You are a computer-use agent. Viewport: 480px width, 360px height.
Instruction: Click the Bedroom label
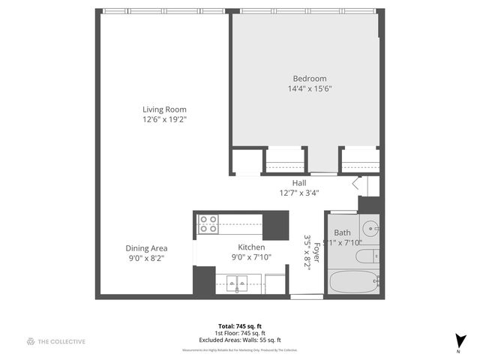point(310,79)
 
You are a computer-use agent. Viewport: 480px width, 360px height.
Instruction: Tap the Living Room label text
point(164,109)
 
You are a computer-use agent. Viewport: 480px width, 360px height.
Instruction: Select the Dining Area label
point(146,248)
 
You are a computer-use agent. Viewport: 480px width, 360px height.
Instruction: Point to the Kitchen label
point(251,247)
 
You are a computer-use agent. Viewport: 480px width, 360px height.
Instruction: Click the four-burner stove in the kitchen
point(208,223)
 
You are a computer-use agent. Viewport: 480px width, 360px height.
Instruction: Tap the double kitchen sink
point(238,283)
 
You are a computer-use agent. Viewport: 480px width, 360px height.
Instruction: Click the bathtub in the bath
point(354,283)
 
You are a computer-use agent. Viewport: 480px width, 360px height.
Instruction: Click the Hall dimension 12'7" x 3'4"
point(299,193)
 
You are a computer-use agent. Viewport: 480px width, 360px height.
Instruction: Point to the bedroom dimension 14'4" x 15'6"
point(310,88)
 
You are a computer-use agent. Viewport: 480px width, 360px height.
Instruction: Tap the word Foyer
point(317,250)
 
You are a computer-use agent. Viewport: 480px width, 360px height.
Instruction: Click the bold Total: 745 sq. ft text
point(239,326)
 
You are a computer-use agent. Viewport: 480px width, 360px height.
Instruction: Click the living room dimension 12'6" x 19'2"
point(164,119)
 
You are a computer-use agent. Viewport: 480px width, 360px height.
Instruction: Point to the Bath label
point(342,232)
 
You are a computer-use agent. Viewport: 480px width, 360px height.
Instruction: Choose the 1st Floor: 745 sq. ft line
point(239,333)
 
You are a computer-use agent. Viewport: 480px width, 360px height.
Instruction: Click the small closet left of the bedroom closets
point(244,162)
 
